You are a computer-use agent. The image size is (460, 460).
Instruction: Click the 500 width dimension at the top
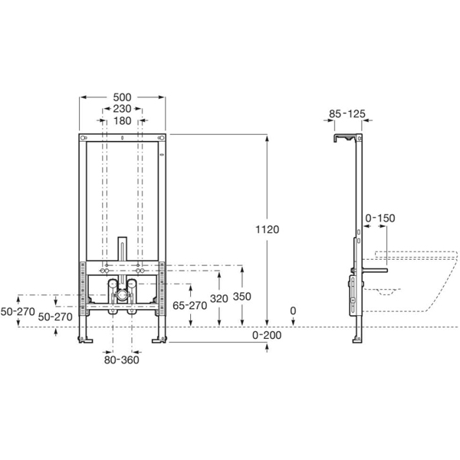[123, 97]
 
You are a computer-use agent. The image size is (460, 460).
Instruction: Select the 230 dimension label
[123, 109]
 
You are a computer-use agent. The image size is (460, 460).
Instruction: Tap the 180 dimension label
[123, 120]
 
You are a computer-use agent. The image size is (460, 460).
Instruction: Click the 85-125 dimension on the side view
[347, 114]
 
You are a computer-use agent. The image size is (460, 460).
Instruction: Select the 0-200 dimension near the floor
[267, 337]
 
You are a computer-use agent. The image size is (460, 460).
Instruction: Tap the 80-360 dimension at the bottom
[122, 359]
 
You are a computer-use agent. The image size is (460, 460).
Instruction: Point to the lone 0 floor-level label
[293, 310]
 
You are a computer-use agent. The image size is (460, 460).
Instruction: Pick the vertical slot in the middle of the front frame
[122, 248]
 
